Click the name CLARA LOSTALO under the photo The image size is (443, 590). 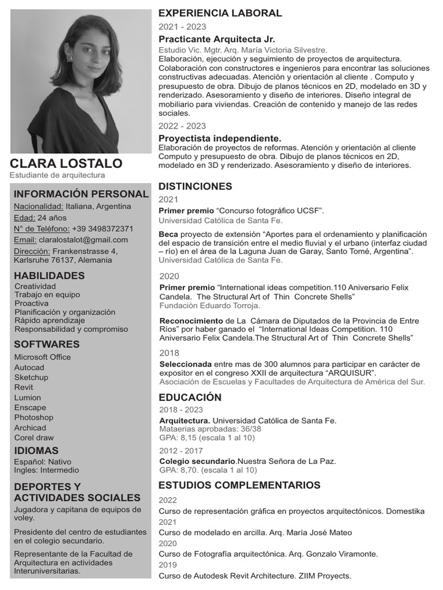click(66, 163)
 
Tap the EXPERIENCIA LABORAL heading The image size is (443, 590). click(220, 13)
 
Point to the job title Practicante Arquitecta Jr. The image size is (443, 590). click(216, 39)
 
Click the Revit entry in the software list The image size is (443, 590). click(24, 387)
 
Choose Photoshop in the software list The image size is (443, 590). click(33, 417)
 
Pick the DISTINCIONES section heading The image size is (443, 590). click(195, 186)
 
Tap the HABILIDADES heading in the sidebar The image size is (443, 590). click(49, 275)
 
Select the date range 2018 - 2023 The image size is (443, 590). click(181, 410)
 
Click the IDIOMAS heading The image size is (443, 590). click(36, 451)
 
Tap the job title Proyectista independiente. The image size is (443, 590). click(220, 138)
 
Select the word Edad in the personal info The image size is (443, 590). click(23, 218)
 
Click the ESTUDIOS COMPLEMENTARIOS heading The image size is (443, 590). click(239, 485)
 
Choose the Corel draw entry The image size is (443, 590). click(34, 437)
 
